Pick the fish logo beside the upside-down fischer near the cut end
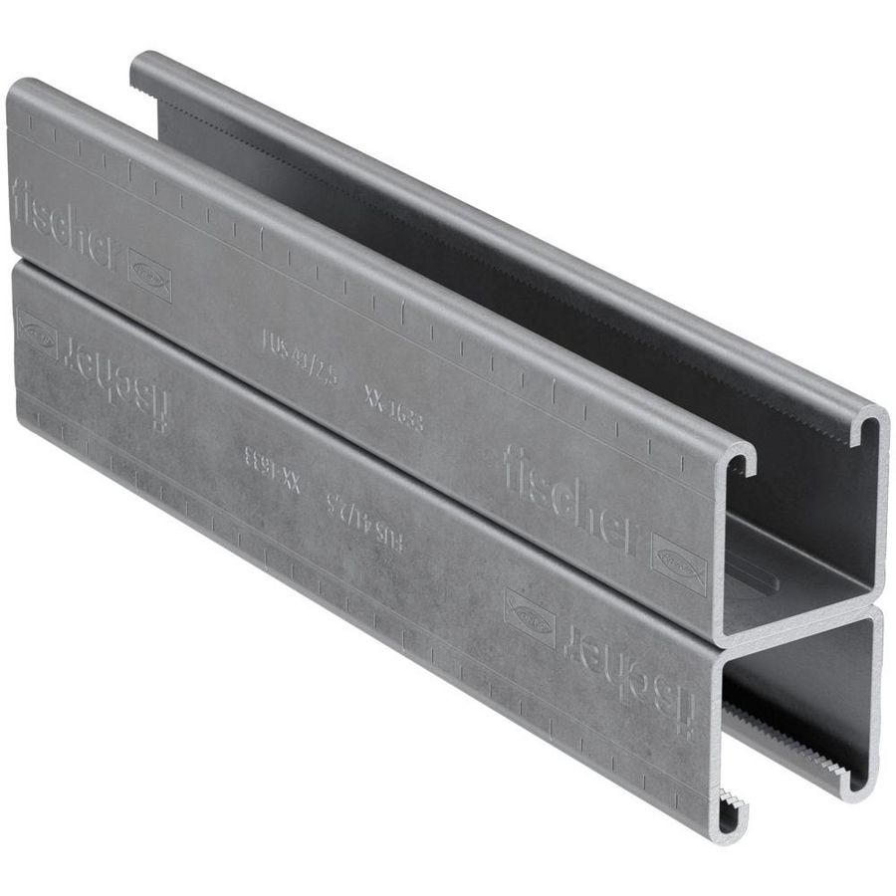530,615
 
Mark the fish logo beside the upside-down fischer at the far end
37,332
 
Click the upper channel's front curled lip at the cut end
742,460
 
